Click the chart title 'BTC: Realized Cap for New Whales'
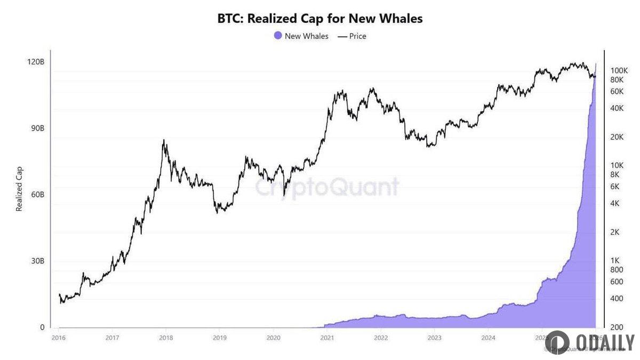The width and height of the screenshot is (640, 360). click(320, 19)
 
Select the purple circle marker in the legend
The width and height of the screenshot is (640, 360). click(278, 36)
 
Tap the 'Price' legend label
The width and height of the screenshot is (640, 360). click(357, 36)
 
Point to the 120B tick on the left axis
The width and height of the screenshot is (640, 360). click(35, 62)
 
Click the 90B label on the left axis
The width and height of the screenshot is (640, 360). click(36, 129)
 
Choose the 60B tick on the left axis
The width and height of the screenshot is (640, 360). click(36, 195)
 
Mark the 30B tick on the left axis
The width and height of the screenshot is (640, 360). click(36, 261)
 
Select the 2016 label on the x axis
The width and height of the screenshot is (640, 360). click(59, 338)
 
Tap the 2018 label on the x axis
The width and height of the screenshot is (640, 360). click(166, 338)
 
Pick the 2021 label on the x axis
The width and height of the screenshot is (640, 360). click(327, 338)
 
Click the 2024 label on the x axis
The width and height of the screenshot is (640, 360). click(488, 338)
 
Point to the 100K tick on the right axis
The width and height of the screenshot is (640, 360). click(619, 70)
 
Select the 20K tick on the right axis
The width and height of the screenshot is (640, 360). click(617, 137)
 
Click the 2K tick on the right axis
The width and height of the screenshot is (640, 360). click(615, 232)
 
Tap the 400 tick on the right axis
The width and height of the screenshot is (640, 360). click(616, 299)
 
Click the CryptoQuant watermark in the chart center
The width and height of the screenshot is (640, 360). click(326, 187)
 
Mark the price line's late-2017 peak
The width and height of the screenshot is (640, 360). click(164, 140)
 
